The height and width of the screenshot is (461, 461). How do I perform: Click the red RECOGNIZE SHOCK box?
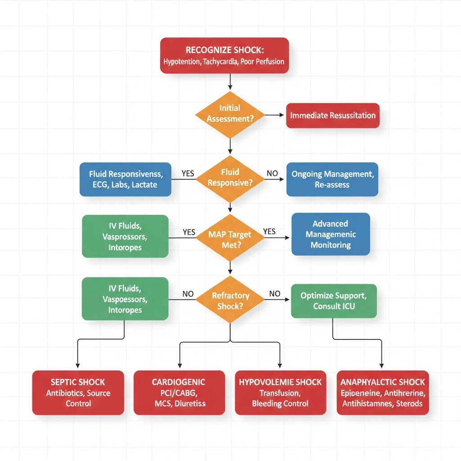[x=224, y=55]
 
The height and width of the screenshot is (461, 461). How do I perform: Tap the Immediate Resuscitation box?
[x=333, y=115]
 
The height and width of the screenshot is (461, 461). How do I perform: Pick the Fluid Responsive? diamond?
[x=230, y=178]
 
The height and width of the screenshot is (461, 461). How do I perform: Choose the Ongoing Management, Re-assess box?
[x=332, y=179]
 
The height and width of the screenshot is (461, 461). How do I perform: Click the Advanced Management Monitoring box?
[x=330, y=234]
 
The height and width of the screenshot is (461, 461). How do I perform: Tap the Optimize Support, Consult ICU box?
[x=334, y=301]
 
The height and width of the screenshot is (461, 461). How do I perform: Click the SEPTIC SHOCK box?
[x=78, y=393]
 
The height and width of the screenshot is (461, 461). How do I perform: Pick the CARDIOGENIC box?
[x=179, y=393]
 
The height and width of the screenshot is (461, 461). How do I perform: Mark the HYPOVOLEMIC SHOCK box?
[x=280, y=393]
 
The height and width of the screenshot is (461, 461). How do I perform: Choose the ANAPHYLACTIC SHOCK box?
[x=382, y=393]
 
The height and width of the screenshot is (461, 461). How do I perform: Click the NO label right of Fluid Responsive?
[x=272, y=173]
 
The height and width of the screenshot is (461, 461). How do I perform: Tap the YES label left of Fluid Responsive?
[x=188, y=173]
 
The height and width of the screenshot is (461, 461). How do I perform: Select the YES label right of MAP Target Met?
[x=269, y=231]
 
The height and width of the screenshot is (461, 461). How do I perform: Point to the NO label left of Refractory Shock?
[x=188, y=294]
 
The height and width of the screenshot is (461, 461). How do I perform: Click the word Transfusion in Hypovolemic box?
[x=280, y=393]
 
